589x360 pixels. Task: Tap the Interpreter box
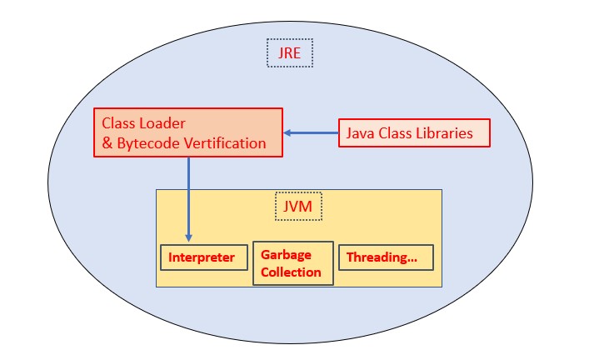[203, 257]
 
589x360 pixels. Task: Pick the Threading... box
[386, 257]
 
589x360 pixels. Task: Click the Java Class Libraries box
[414, 133]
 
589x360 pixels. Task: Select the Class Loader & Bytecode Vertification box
[187, 132]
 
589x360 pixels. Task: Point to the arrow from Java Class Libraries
[311, 133]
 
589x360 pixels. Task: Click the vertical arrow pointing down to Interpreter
[188, 200]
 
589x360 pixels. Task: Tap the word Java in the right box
[360, 133]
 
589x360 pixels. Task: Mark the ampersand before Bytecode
[107, 143]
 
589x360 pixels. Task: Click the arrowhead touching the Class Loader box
[287, 133]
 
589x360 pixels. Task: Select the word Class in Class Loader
[118, 122]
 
